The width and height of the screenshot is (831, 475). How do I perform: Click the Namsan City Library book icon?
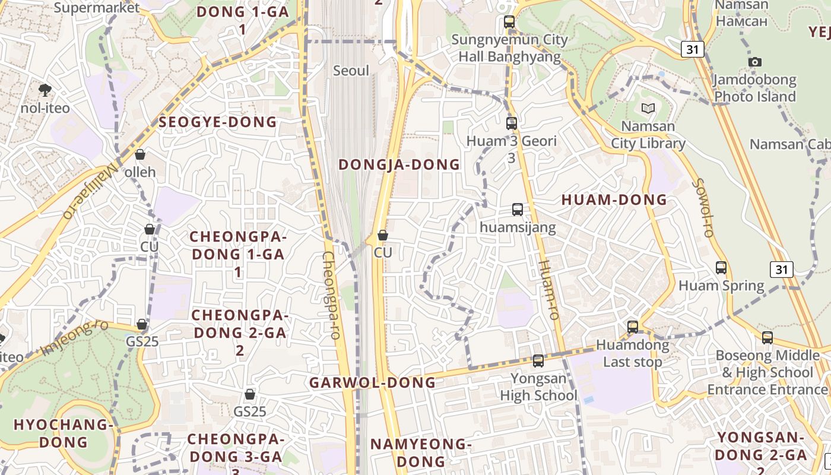tap(648, 109)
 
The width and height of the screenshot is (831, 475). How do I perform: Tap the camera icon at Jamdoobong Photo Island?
tap(755, 62)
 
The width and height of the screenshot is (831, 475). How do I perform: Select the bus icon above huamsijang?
tap(518, 209)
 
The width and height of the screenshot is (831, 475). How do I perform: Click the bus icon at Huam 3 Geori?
tap(512, 123)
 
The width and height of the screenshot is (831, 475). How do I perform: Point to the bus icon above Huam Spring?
tap(721, 268)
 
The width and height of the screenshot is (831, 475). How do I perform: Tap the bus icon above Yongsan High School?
tap(538, 360)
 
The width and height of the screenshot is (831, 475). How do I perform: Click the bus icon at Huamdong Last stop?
tap(633, 327)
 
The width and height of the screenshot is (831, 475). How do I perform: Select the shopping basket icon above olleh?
tap(140, 154)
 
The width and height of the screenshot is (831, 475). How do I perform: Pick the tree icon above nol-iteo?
tap(45, 90)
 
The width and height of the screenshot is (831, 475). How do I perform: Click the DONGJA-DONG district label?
tap(399, 164)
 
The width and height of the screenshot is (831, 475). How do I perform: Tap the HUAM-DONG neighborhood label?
tap(614, 200)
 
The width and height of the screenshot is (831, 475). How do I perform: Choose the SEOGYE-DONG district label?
tap(218, 122)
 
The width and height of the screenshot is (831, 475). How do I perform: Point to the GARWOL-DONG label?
tap(373, 382)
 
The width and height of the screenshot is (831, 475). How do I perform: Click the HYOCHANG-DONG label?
tap(63, 433)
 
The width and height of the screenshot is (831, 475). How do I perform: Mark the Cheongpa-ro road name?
tap(331, 295)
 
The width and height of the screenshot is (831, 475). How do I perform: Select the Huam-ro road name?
tap(549, 290)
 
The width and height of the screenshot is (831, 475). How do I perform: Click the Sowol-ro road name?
tap(701, 208)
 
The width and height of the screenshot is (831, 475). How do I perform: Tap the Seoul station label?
tap(351, 71)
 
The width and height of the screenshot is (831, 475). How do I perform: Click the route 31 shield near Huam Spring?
tap(781, 270)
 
